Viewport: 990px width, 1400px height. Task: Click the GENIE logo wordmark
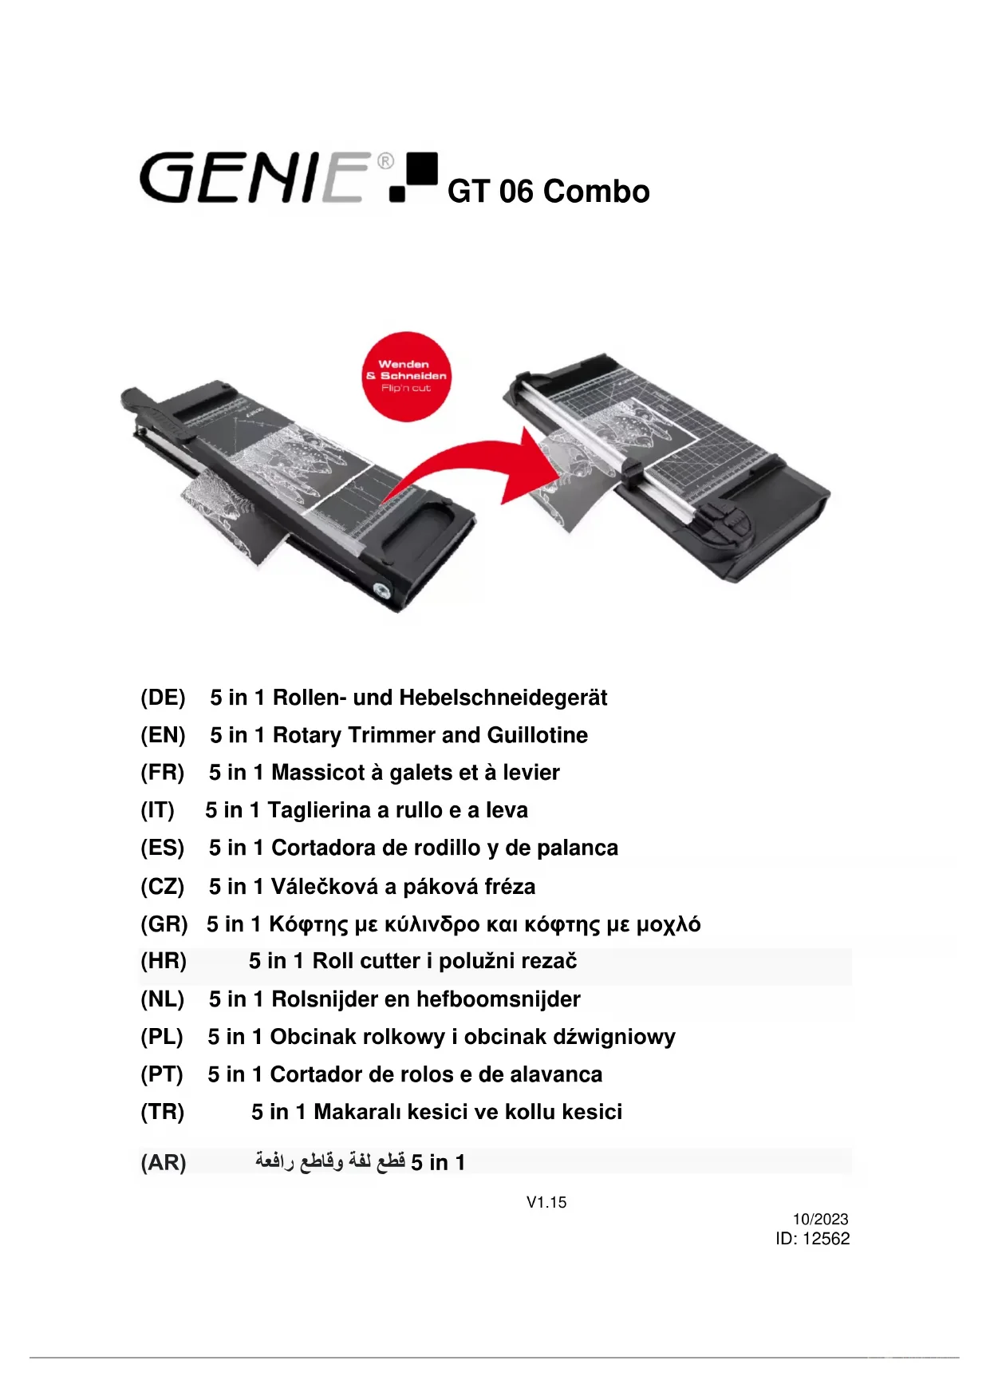(254, 177)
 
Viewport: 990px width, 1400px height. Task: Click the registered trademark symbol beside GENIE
(385, 161)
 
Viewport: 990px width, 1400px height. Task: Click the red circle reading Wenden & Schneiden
(407, 376)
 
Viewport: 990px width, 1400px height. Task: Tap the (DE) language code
(163, 698)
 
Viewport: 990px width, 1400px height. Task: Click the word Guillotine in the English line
(538, 735)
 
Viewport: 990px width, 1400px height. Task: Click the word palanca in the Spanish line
(578, 848)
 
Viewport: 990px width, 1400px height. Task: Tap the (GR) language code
(164, 924)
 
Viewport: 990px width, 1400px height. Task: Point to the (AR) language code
(163, 1163)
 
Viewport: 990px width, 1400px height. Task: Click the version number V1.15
(546, 1202)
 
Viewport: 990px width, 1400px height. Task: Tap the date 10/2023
(820, 1219)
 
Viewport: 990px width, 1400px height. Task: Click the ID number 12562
(826, 1239)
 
